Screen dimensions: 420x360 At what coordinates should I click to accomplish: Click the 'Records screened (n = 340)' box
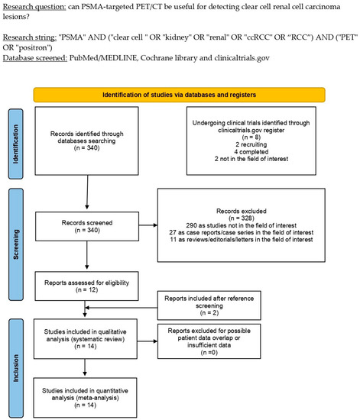coord(84,227)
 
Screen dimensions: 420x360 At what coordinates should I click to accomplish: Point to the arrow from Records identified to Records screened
coord(83,195)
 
